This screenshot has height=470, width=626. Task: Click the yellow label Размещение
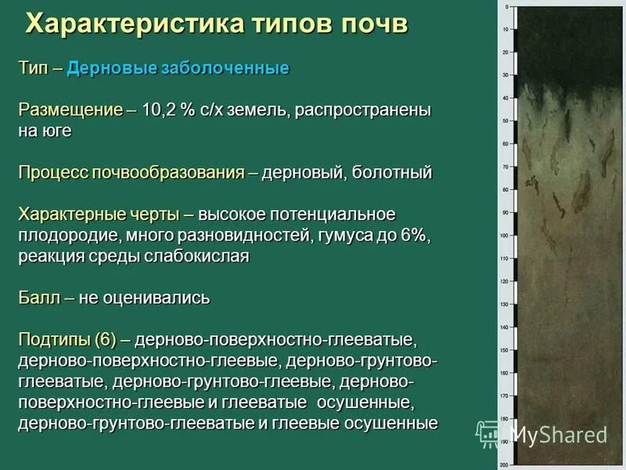coord(70,110)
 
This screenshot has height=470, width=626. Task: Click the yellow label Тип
coord(34,68)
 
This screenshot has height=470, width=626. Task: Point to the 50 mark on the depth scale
coord(505,121)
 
